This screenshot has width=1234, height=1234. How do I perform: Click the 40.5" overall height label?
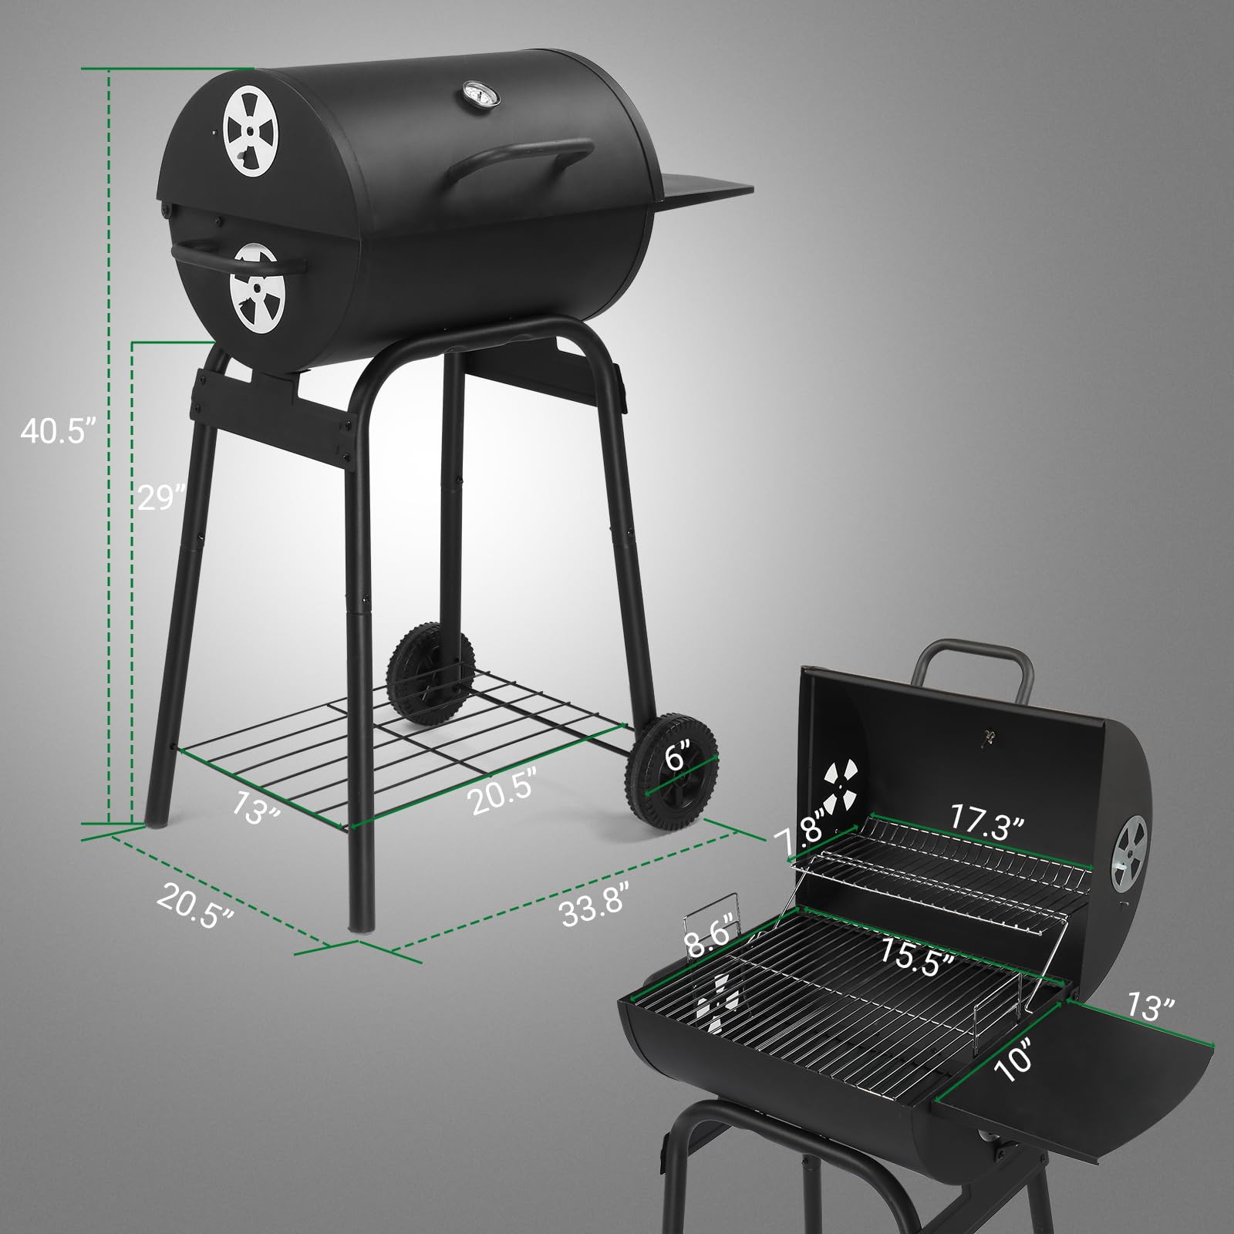tap(57, 431)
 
